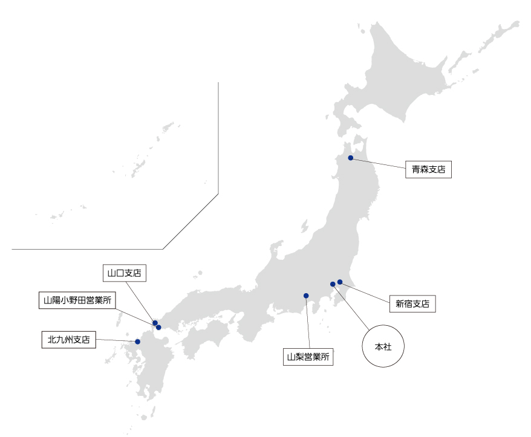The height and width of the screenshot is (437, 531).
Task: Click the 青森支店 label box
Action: coord(429,170)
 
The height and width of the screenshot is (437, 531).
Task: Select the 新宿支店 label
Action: coord(412,304)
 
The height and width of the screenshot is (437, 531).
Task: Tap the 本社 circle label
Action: coord(382,347)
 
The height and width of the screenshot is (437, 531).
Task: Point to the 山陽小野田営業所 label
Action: coord(77,300)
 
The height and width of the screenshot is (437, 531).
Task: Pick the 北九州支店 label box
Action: coord(69,340)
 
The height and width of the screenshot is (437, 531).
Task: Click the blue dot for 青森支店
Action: coord(351,158)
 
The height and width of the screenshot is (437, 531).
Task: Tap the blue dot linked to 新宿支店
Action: coord(340,282)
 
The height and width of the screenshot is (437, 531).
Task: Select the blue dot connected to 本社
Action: coord(333,284)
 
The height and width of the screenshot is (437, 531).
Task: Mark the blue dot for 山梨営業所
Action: coord(306,296)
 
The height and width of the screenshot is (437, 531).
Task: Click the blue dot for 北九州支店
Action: coord(138,342)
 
